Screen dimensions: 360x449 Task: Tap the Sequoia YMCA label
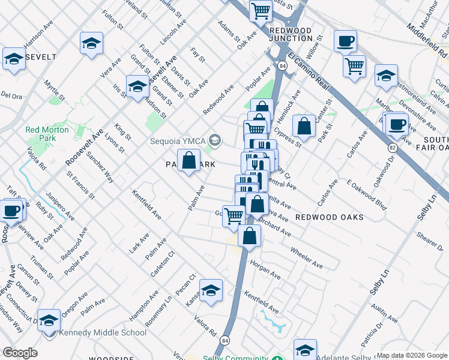(178, 142)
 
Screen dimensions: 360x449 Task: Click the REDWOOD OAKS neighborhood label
(330, 217)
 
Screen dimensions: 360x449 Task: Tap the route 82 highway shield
(393, 147)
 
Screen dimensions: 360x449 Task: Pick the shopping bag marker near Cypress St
(304, 126)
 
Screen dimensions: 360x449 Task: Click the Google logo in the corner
(20, 353)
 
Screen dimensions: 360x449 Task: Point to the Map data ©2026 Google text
(412, 355)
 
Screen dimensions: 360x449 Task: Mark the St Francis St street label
(81, 186)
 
